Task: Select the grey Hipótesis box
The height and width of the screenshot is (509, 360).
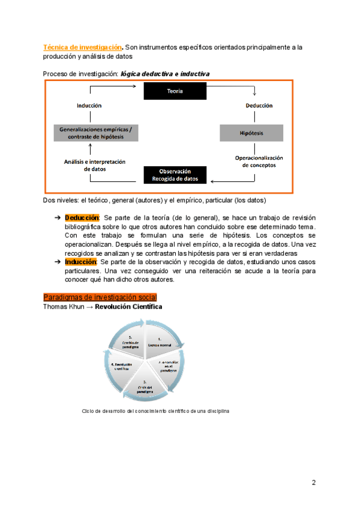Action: pos(251,133)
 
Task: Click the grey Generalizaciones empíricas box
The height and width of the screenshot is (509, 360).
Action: pos(95,133)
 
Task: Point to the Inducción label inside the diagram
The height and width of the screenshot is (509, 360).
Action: pos(89,105)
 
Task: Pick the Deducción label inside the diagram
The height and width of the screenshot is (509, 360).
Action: pos(259,105)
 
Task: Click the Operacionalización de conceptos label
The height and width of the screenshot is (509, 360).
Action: pos(259,161)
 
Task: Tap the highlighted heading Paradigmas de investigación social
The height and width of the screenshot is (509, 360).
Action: pos(100,297)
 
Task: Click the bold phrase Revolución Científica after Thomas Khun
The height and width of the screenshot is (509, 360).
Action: pos(128,307)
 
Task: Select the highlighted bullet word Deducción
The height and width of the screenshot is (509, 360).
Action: pos(82,217)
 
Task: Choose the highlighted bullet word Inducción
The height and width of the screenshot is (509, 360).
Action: pos(81,262)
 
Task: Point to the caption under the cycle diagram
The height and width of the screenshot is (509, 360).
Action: pos(155,411)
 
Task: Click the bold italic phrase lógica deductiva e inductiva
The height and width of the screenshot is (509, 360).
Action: pos(165,74)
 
